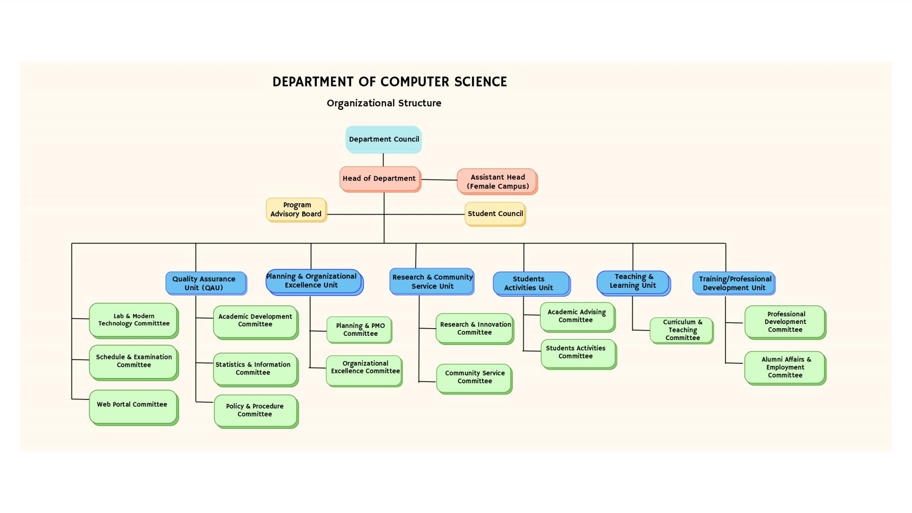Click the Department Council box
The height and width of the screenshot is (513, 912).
pyautogui.click(x=383, y=139)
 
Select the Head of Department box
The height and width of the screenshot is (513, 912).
pyautogui.click(x=380, y=179)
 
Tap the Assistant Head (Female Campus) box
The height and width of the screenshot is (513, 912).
pyautogui.click(x=497, y=181)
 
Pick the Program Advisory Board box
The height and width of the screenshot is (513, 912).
pyautogui.click(x=296, y=209)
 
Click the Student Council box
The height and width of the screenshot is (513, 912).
pyautogui.click(x=495, y=214)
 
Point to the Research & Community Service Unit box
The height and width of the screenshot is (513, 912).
pyautogui.click(x=432, y=282)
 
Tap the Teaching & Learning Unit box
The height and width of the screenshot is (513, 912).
pyautogui.click(x=633, y=282)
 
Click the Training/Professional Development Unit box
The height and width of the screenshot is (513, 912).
pyautogui.click(x=734, y=284)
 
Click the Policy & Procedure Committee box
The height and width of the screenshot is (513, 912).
pyautogui.click(x=256, y=410)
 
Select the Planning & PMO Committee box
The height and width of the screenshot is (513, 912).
pyautogui.click(x=359, y=330)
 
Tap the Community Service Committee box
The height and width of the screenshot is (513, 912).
pyautogui.click(x=474, y=378)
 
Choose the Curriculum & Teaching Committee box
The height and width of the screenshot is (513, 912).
pyautogui.click(x=682, y=330)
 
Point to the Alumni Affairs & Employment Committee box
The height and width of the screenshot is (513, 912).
pyautogui.click(x=785, y=367)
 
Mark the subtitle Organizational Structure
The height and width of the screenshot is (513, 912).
pyautogui.click(x=384, y=103)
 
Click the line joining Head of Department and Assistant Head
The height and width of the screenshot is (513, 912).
pyautogui.click(x=439, y=180)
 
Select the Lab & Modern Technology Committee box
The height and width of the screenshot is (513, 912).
pyautogui.click(x=133, y=320)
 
